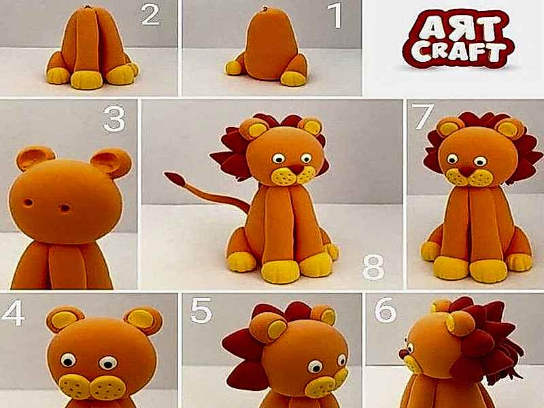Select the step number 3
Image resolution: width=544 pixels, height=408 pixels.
tap(114, 120)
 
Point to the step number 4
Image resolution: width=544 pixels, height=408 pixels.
tap(13, 313)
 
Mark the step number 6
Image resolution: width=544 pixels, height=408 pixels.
tap(386, 309)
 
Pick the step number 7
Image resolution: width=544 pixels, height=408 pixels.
tap(422, 116)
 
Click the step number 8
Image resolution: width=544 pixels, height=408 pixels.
tap(373, 267)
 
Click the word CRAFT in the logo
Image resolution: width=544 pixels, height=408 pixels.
tap(458, 52)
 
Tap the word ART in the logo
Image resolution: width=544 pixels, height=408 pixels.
tap(458, 27)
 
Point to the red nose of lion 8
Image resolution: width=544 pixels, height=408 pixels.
tap(296, 169)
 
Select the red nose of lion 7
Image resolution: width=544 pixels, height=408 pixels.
tap(467, 171)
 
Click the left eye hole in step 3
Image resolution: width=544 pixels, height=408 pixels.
tap(28, 202)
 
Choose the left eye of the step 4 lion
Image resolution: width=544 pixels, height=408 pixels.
tap(68, 360)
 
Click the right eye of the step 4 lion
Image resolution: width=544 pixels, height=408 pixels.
tap(108, 363)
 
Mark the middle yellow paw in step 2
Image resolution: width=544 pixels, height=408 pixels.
tap(87, 80)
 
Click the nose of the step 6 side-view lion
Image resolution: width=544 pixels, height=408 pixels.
tap(403, 354)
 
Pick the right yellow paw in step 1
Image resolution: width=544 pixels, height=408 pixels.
tap(293, 78)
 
